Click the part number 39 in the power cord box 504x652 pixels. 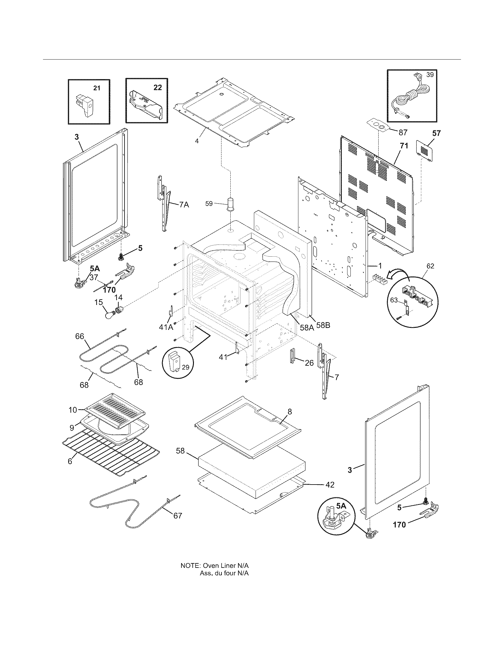pyautogui.click(x=430, y=75)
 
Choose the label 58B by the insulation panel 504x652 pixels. pyautogui.click(x=323, y=325)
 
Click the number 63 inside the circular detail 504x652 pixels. pyautogui.click(x=394, y=300)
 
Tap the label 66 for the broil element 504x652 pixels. pyautogui.click(x=79, y=336)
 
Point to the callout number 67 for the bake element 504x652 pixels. pyautogui.click(x=178, y=516)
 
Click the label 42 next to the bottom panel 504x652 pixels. pyautogui.click(x=330, y=485)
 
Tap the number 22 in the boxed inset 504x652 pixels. pyautogui.click(x=158, y=87)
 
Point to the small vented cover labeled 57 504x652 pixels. pyautogui.click(x=425, y=151)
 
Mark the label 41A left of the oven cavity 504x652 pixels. pyautogui.click(x=166, y=327)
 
